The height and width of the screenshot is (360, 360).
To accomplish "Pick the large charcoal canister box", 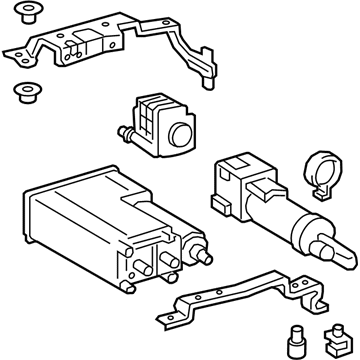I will pos(85,225).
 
